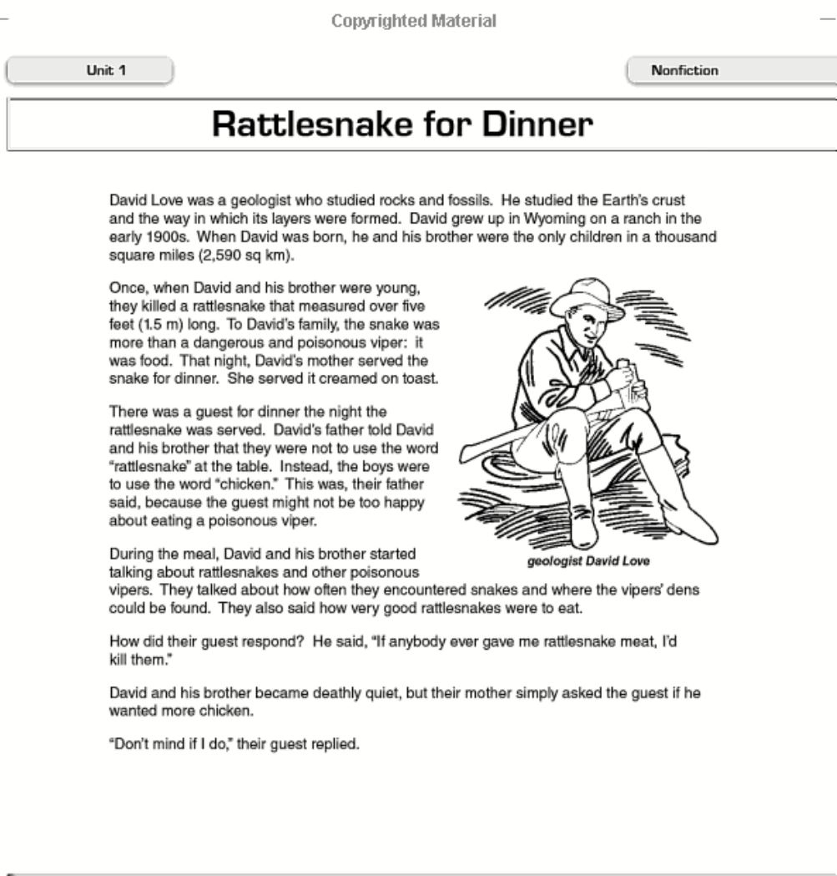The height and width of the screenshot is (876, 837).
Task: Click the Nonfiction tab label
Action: pyautogui.click(x=684, y=71)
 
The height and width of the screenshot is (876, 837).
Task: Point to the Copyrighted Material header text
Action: pyautogui.click(x=414, y=21)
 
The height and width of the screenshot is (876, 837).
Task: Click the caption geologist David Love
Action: pyautogui.click(x=588, y=561)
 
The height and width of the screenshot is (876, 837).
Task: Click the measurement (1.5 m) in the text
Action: pyautogui.click(x=136, y=324)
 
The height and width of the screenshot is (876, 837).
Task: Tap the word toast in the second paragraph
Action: pyautogui.click(x=421, y=377)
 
